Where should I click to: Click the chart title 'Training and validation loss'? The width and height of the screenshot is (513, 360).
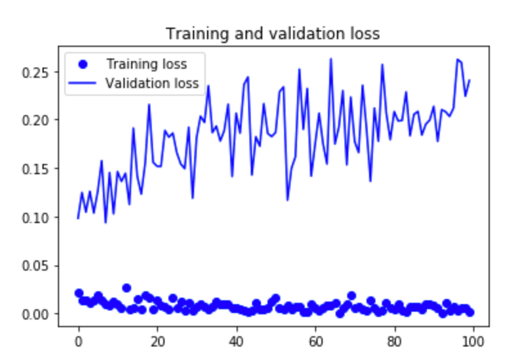pos(273,33)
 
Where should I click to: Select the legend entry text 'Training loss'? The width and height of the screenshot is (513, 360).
pos(147,64)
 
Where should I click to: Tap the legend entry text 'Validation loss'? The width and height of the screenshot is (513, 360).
pos(152,83)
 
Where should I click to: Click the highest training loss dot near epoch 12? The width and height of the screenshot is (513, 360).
pos(127,288)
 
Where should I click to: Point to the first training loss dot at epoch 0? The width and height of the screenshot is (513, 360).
pos(79,293)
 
